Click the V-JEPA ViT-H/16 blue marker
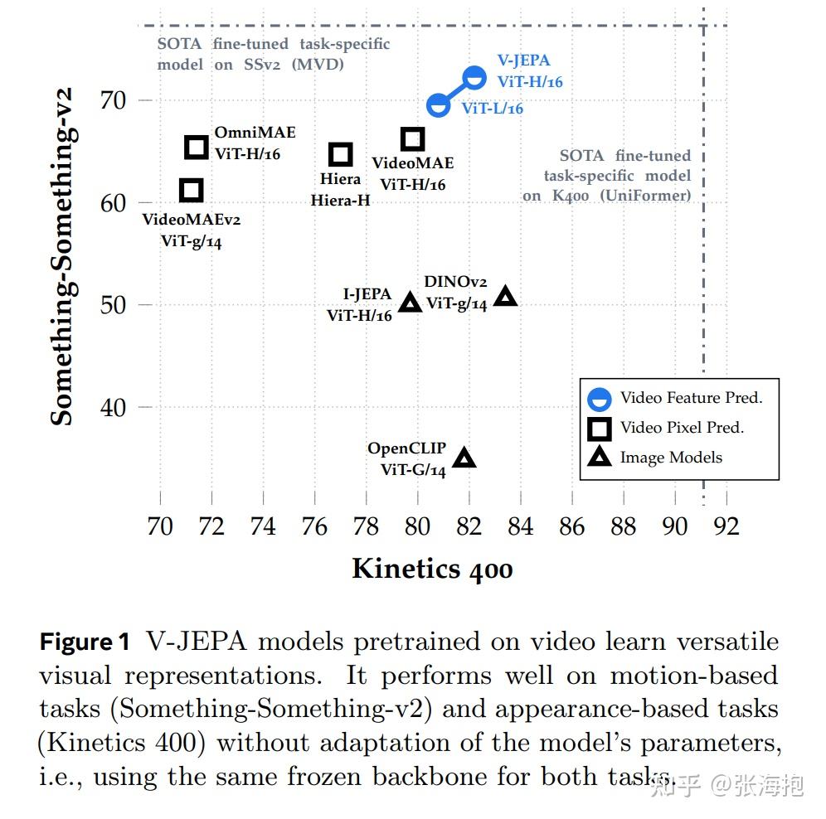coord(474,79)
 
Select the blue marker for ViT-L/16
coord(438,105)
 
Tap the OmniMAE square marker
coord(196,148)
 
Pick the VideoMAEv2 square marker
coord(191,190)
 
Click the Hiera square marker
coord(341,154)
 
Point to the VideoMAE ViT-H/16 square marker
coord(412,139)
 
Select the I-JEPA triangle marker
coord(410,303)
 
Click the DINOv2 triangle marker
coord(505,296)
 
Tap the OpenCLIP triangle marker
coord(464,458)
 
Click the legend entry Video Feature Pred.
coord(691,399)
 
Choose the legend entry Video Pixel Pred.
coord(682,428)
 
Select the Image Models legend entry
coord(670,458)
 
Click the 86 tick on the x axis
coord(572,526)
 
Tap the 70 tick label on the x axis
coord(160,526)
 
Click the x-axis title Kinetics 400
coord(432,569)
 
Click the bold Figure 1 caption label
coord(85,642)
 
